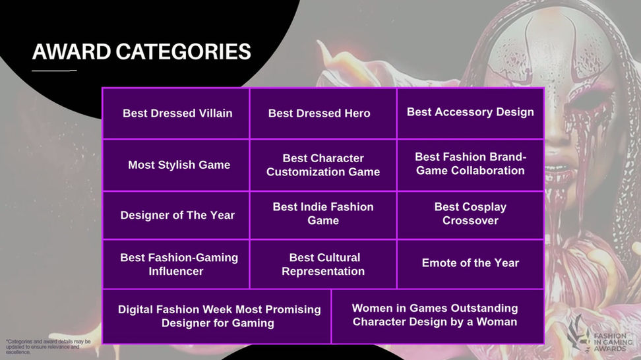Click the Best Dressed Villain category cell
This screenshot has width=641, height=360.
click(176, 113)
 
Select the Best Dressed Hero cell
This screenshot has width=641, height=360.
click(323, 113)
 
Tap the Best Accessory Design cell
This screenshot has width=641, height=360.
click(470, 113)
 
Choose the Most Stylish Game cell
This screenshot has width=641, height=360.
click(176, 165)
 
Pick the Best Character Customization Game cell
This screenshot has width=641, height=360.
click(323, 165)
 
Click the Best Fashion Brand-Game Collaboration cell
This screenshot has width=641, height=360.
click(470, 165)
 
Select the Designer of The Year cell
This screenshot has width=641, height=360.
click(176, 215)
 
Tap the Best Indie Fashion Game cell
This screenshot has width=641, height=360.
click(323, 215)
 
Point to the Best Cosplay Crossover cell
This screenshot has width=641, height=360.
click(470, 215)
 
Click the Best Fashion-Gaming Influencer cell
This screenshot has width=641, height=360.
click(176, 264)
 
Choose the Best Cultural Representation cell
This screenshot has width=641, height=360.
click(323, 264)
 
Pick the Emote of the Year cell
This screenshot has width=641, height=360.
click(470, 264)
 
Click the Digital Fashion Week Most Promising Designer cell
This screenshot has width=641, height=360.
click(217, 316)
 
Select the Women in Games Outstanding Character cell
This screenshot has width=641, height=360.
click(437, 316)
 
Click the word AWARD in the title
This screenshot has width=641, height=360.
click(71, 52)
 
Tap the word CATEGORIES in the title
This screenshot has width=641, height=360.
click(183, 52)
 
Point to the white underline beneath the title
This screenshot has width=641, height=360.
click(54, 71)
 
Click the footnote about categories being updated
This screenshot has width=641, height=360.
click(48, 347)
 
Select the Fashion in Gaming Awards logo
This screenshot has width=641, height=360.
click(599, 334)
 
